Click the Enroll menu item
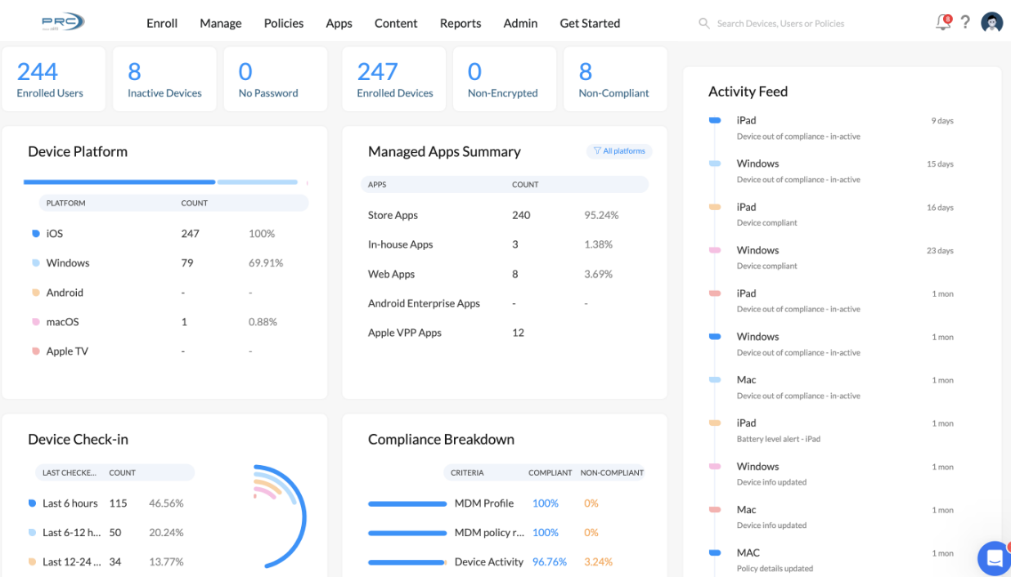(x=162, y=23)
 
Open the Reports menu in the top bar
(x=461, y=23)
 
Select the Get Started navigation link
(x=590, y=23)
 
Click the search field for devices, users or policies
(x=780, y=24)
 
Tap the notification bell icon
(x=943, y=23)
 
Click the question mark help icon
(x=965, y=23)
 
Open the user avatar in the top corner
(x=992, y=23)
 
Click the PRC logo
(x=63, y=22)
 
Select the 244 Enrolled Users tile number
(x=38, y=72)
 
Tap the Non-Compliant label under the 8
(x=613, y=93)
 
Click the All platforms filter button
(x=619, y=151)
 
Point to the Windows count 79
(x=187, y=263)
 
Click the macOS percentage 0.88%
(x=263, y=322)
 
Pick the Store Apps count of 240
(x=521, y=216)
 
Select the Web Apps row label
(x=391, y=275)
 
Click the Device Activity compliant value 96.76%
(x=550, y=562)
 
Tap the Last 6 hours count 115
(x=118, y=503)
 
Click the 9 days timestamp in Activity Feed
(x=942, y=121)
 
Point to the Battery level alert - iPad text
(x=778, y=439)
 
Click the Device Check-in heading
(x=78, y=440)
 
